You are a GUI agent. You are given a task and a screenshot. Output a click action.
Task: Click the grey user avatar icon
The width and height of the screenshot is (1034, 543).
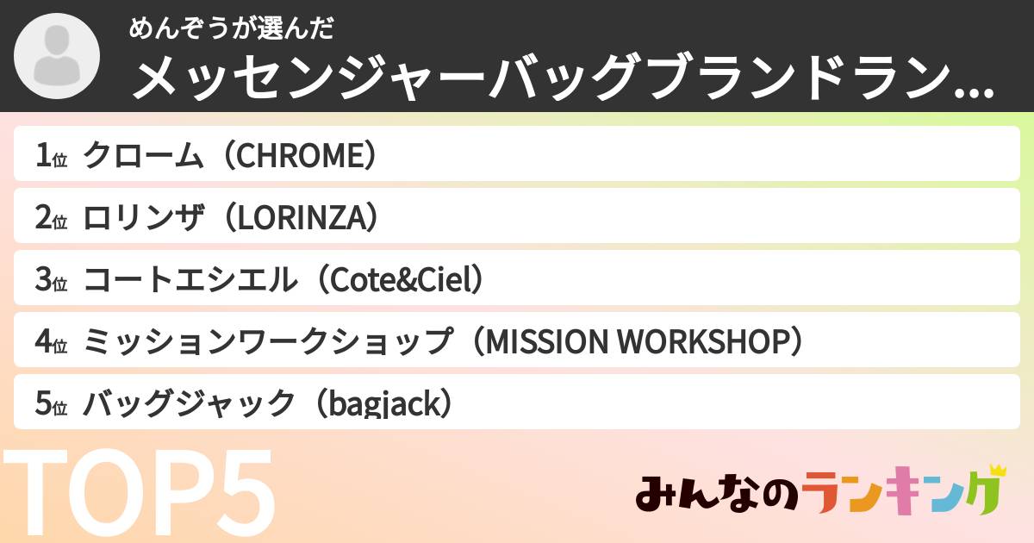coord(58,57)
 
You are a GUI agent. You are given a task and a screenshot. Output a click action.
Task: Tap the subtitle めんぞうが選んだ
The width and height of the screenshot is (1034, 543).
coord(231,28)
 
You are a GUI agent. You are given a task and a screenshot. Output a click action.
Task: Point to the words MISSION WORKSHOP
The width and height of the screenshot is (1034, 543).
coord(638,342)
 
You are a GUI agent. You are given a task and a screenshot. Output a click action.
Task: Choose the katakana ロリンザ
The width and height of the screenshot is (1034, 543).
coord(142,217)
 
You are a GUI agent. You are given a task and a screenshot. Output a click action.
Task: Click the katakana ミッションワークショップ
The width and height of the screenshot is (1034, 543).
coord(268,342)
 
